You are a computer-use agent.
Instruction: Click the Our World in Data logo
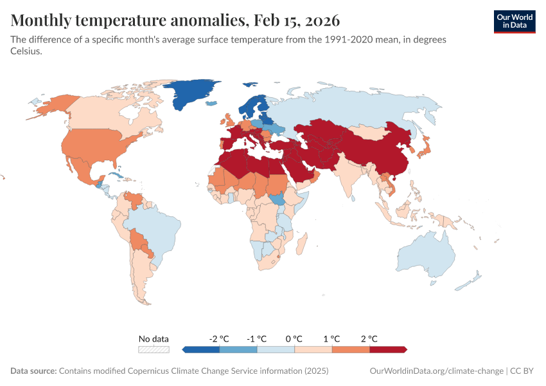514,21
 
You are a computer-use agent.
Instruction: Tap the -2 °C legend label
219,338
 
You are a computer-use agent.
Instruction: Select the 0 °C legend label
294,338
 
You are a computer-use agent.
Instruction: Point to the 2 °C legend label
369,338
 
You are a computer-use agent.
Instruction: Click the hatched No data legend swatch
154,349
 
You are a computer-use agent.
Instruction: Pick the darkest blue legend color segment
201,349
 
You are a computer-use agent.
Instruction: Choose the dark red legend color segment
388,349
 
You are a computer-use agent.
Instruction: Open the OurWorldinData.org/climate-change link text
437,371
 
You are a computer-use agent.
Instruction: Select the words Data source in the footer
33,371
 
